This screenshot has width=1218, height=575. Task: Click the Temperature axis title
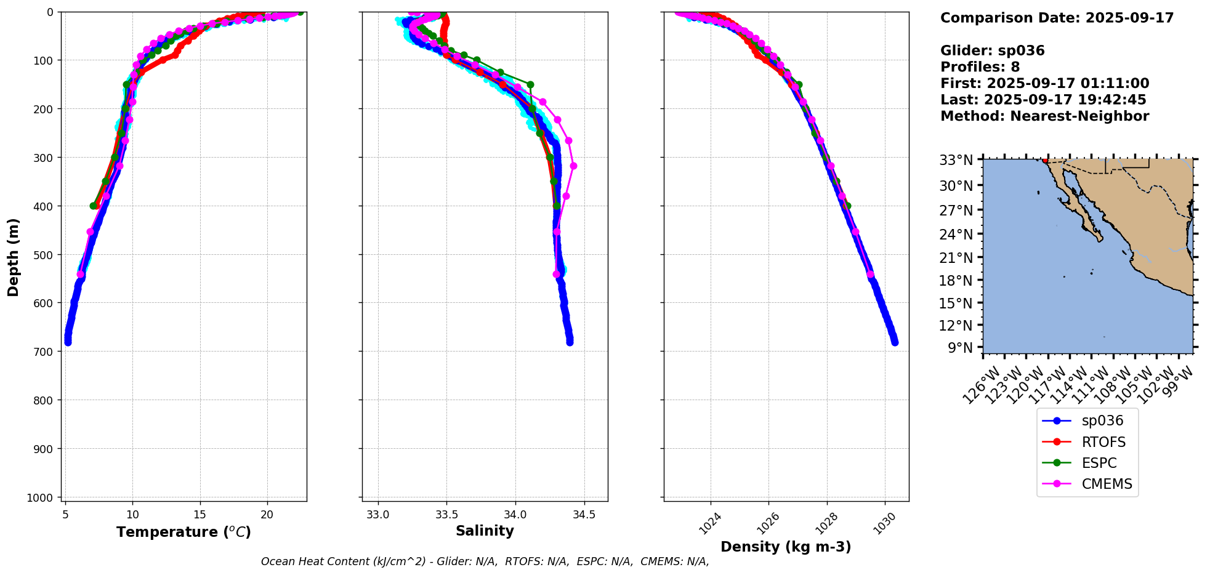coord(184,532)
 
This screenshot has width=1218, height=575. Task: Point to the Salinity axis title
coord(485,531)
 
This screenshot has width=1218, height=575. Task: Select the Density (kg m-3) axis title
coord(786,547)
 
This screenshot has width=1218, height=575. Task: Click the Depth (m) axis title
coord(14,257)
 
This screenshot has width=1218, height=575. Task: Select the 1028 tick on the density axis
coord(826,521)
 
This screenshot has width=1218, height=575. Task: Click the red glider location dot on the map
coord(1045,160)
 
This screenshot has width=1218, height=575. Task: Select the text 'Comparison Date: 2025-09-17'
coord(1057,18)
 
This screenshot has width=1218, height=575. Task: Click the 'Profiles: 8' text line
coord(980,67)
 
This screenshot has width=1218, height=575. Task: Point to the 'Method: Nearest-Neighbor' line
coord(1044,116)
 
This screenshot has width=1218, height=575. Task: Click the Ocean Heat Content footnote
coord(485,561)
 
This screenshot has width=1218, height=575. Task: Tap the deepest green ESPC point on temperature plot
coord(93,206)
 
